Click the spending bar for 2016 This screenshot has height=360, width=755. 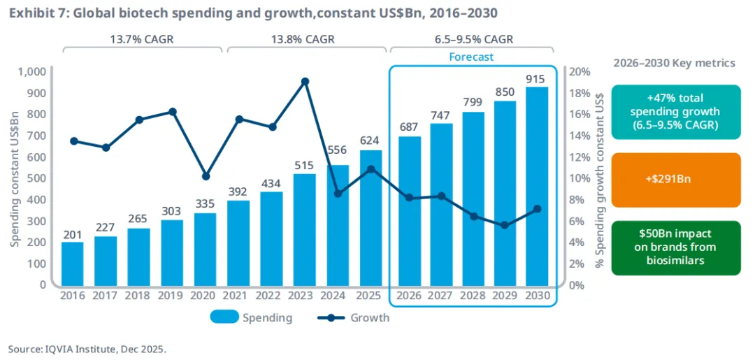72,264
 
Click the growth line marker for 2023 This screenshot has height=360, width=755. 305,81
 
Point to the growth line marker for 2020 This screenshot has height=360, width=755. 206,176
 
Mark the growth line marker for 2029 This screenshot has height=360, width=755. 504,225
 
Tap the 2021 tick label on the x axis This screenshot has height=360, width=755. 238,296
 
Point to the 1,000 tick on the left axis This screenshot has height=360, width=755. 31,71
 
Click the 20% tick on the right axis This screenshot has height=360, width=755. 582,71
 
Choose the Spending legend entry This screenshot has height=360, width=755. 252,317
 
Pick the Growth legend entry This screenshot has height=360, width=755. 353,317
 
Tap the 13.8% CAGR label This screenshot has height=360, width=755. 305,40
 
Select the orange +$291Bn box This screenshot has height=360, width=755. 675,180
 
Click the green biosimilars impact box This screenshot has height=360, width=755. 675,247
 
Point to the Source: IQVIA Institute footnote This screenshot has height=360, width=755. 87,348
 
